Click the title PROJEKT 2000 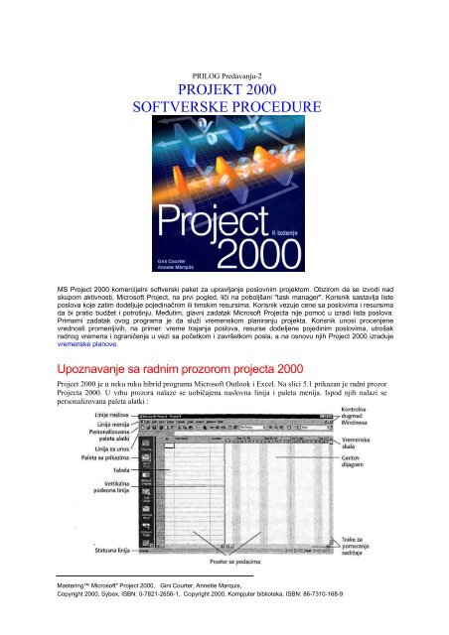(224, 85)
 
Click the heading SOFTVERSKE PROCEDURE (224, 104)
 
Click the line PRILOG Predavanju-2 (224, 66)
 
